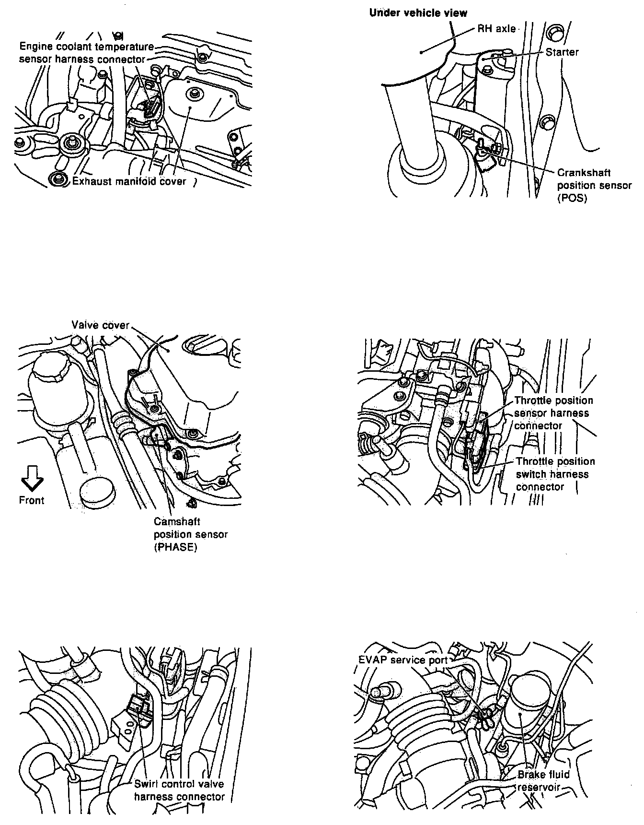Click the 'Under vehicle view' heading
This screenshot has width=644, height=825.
coord(418,13)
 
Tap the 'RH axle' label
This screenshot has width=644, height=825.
coord(496,29)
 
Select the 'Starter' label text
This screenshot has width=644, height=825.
coord(562,52)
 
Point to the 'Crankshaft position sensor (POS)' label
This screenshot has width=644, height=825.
coord(594,185)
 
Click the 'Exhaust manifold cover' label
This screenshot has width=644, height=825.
coord(129,181)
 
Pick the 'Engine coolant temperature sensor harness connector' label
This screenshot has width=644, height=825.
coord(86,53)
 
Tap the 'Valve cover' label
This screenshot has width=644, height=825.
coord(101,325)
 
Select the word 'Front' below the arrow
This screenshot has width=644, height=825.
coord(32,500)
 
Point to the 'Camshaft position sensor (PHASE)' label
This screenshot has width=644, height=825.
coord(191,534)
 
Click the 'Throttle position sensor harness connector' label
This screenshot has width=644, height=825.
coord(553,413)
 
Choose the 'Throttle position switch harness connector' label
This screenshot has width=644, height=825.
coord(555,474)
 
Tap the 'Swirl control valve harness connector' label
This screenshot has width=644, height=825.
coord(179,790)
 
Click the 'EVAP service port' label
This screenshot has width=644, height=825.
coord(402,660)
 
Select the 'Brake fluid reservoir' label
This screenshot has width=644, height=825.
coord(543,780)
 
